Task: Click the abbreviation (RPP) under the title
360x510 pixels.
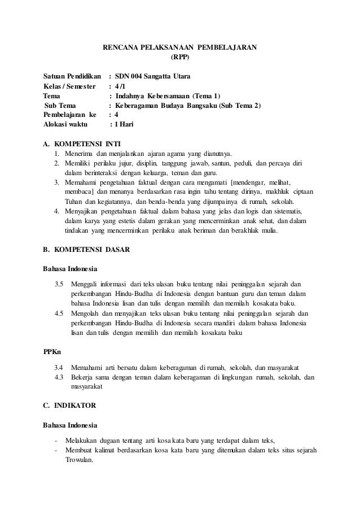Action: [180, 57]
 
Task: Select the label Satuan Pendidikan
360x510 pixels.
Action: [72, 76]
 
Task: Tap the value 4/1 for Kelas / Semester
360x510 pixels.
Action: [121, 86]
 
